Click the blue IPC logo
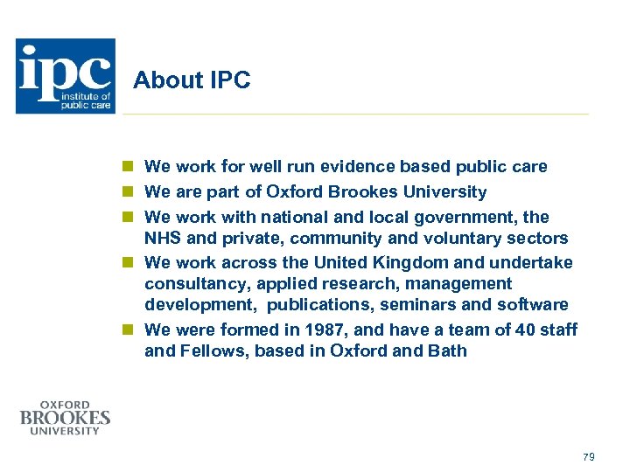pos(65,76)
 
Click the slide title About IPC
pos(192,81)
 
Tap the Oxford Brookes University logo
pos(65,417)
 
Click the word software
pos(533,305)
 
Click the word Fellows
pos(209,351)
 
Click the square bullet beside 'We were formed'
pos(128,330)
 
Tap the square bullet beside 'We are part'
pos(128,191)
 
